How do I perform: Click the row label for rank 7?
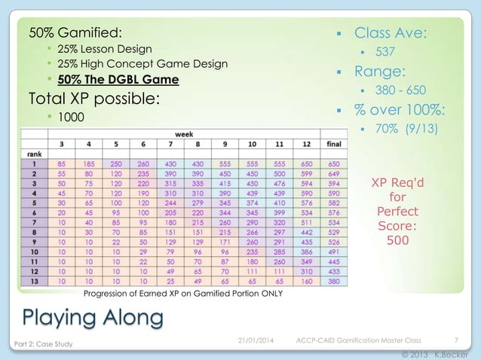pyautogui.click(x=32, y=222)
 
